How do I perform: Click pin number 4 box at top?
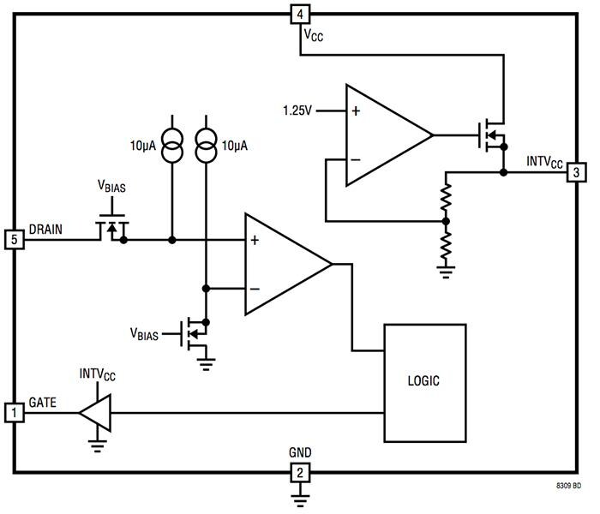(299, 14)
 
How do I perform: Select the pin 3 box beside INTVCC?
(576, 172)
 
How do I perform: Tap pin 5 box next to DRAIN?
(14, 239)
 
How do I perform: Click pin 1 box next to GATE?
(14, 413)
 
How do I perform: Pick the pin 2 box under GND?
(299, 472)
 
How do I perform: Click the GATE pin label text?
(45, 402)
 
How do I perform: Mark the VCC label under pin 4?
(313, 35)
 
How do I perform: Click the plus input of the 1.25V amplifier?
(355, 111)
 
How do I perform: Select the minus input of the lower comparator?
(254, 288)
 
